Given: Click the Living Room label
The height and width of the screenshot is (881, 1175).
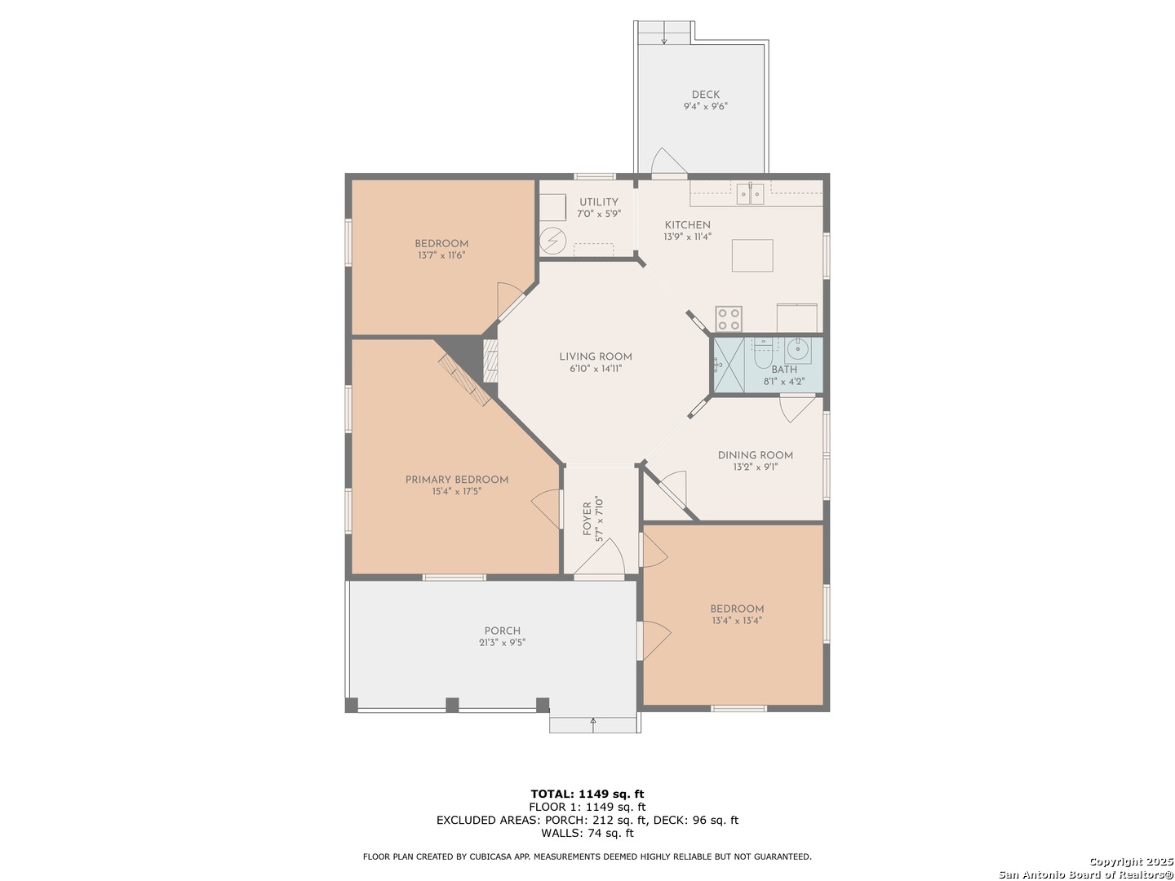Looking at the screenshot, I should tap(596, 356).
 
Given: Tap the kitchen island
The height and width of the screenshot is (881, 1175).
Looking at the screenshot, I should tap(752, 255).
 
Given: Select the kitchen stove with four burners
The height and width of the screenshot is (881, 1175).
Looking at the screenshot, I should tap(729, 318).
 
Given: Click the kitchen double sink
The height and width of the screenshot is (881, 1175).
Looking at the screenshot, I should tap(750, 193).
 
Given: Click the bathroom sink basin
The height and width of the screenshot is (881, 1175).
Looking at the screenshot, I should tap(797, 350).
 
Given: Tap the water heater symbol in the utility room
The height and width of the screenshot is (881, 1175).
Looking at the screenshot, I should tap(552, 241).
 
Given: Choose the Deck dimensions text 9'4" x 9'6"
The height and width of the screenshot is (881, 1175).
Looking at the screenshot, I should tap(705, 106).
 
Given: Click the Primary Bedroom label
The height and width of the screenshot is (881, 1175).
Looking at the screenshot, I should tap(457, 480).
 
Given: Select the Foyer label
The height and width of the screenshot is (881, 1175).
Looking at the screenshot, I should tap(587, 519).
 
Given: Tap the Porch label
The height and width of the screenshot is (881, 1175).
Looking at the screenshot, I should tap(502, 631).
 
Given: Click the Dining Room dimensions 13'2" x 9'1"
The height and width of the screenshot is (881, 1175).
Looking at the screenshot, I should tap(755, 467).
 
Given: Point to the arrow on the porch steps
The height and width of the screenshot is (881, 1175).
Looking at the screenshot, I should tap(593, 721).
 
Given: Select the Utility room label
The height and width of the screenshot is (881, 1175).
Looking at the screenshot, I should tap(599, 202).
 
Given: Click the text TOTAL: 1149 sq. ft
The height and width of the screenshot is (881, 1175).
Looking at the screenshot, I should tap(587, 794).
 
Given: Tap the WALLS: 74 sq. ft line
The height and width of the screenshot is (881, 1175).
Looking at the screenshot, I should tap(587, 833).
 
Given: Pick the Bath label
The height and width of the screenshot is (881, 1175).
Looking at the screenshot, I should tap(784, 370).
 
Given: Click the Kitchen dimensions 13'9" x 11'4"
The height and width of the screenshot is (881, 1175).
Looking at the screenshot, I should tap(687, 237).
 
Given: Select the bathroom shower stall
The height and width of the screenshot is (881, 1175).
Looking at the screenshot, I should tap(728, 365).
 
